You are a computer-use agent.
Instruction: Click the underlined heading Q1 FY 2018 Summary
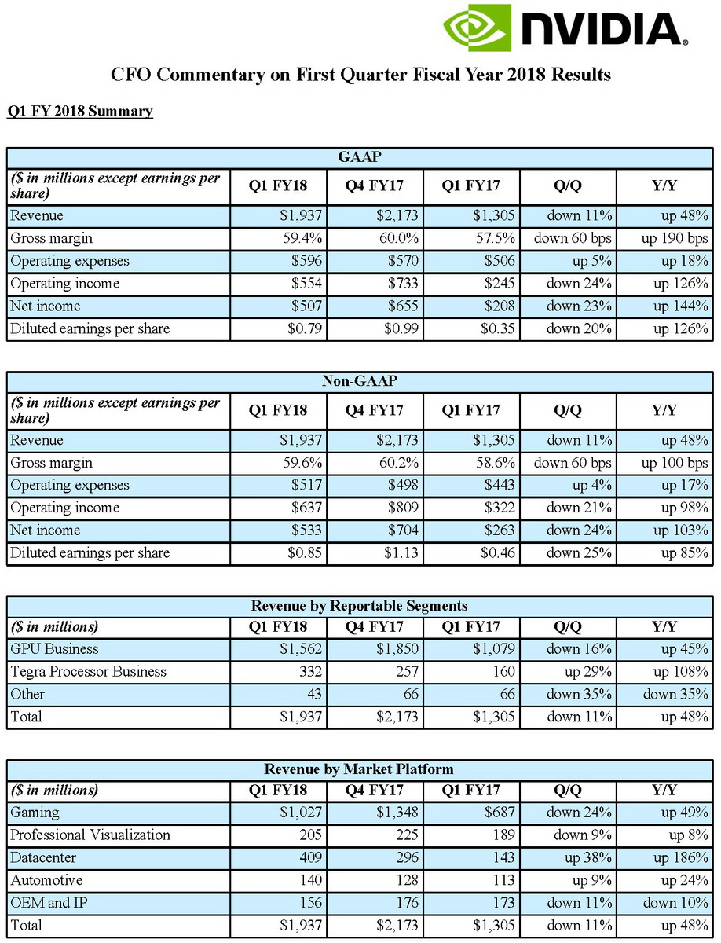tap(79, 111)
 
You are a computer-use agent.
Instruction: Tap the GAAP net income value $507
tap(305, 306)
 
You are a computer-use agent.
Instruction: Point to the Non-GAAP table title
tap(360, 381)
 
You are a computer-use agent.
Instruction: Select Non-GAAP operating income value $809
tap(403, 508)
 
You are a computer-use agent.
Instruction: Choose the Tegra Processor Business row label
tap(88, 672)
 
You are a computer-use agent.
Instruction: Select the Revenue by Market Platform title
tap(359, 769)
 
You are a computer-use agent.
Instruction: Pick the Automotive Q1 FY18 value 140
tap(313, 881)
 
